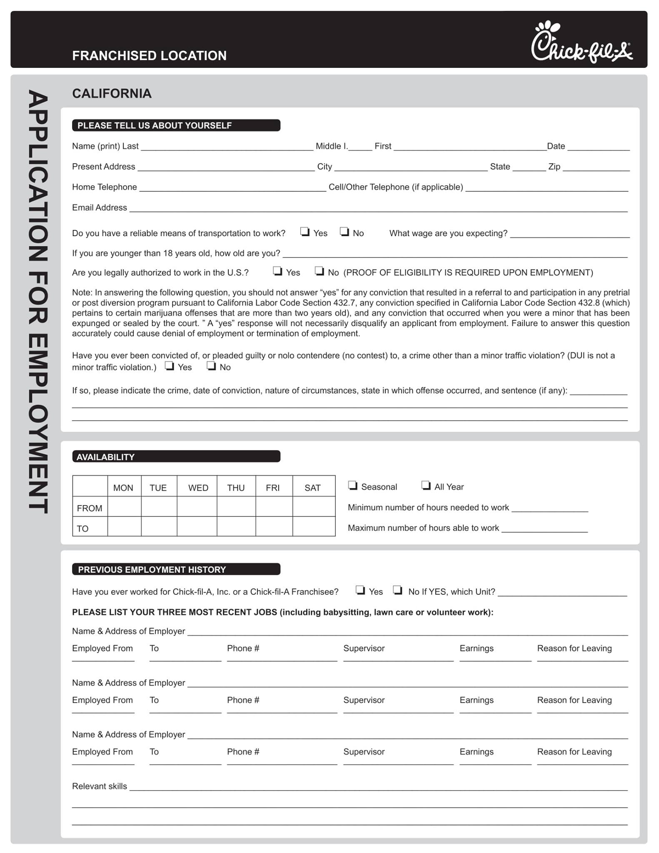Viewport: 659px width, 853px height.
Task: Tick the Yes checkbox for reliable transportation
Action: pyautogui.click(x=305, y=232)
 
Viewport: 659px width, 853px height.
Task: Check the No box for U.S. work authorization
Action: pyautogui.click(x=319, y=271)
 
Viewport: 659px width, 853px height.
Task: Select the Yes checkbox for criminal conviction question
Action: pyautogui.click(x=169, y=366)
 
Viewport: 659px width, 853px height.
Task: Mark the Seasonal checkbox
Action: pyautogui.click(x=352, y=485)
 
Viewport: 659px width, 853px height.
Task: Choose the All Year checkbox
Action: pyautogui.click(x=426, y=485)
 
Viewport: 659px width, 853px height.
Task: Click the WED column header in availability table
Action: pyautogui.click(x=198, y=488)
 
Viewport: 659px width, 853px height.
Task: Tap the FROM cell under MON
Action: pyautogui.click(x=124, y=507)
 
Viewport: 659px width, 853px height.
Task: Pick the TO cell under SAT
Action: pyautogui.click(x=313, y=527)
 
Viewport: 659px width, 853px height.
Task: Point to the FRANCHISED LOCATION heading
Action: pyautogui.click(x=149, y=56)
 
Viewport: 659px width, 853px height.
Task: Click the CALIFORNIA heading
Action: pyautogui.click(x=112, y=93)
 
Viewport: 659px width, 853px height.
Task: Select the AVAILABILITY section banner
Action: pyautogui.click(x=176, y=456)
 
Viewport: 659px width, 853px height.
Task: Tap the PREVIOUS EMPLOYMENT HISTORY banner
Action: pyautogui.click(x=176, y=569)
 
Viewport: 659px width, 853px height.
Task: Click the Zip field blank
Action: pyautogui.click(x=596, y=167)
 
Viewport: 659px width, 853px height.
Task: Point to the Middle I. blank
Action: pyautogui.click(x=360, y=147)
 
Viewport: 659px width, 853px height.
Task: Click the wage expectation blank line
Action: pyautogui.click(x=569, y=234)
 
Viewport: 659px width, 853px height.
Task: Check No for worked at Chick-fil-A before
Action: pyautogui.click(x=398, y=590)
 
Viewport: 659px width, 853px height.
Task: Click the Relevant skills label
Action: pyautogui.click(x=99, y=786)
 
